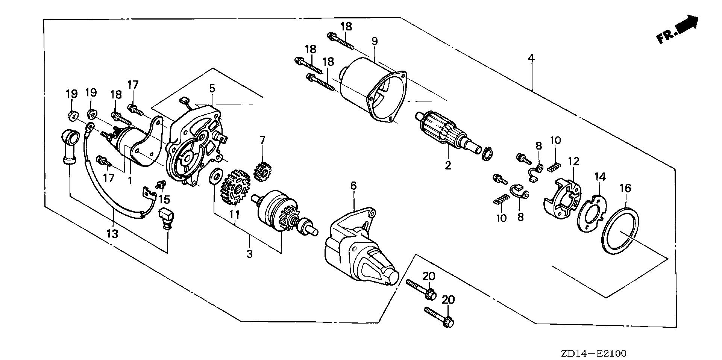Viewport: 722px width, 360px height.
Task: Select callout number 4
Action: pos(531,58)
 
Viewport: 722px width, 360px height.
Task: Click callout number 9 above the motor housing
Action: pos(374,41)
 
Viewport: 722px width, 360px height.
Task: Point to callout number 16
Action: pos(625,188)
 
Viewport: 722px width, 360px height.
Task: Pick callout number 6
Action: pos(353,186)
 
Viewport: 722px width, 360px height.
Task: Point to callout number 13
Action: pos(112,234)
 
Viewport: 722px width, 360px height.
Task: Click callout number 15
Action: pos(164,200)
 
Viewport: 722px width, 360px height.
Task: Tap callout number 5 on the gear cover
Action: pos(212,89)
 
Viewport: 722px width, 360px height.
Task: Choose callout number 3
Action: pos(249,254)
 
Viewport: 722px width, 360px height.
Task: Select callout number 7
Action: pos(262,141)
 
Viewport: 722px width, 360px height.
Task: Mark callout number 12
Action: pos(574,162)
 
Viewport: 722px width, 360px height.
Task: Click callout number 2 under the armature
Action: pos(447,165)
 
